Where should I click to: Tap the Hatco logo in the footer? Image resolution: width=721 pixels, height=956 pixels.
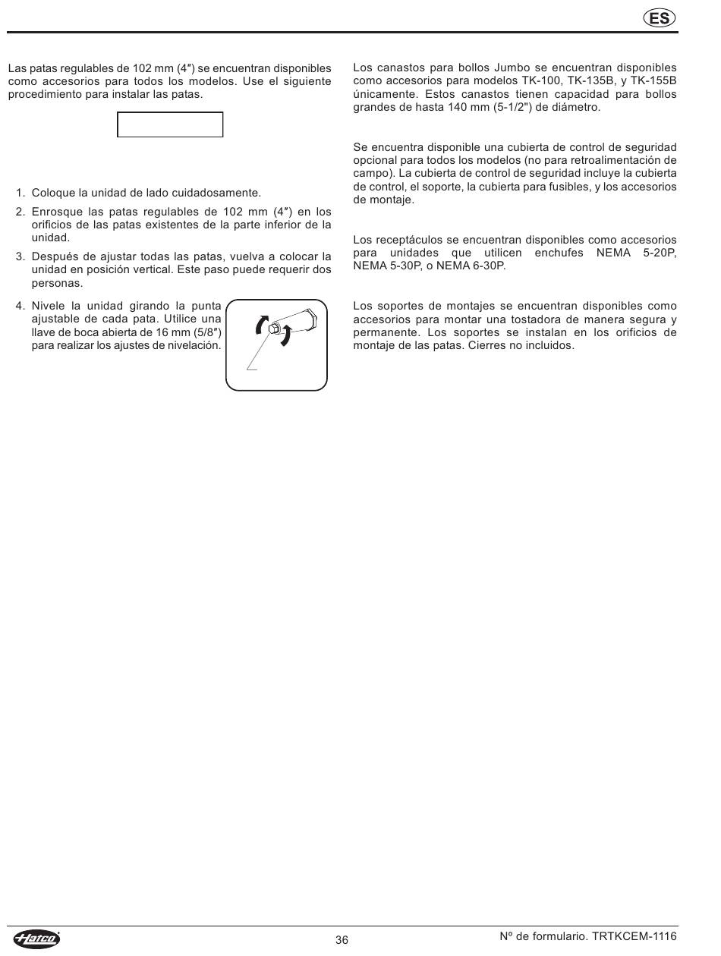tap(36, 939)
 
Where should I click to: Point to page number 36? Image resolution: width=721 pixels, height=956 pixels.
tap(342, 940)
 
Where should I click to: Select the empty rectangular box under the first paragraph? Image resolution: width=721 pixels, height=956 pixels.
tap(170, 124)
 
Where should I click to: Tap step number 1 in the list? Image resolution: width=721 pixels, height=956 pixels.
tap(20, 193)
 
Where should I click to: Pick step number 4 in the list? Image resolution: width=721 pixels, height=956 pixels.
tap(20, 306)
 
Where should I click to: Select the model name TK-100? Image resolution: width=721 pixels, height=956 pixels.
tap(540, 81)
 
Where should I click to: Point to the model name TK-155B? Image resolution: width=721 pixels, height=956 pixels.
tap(653, 81)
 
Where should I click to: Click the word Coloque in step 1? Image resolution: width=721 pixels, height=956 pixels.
tap(53, 193)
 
